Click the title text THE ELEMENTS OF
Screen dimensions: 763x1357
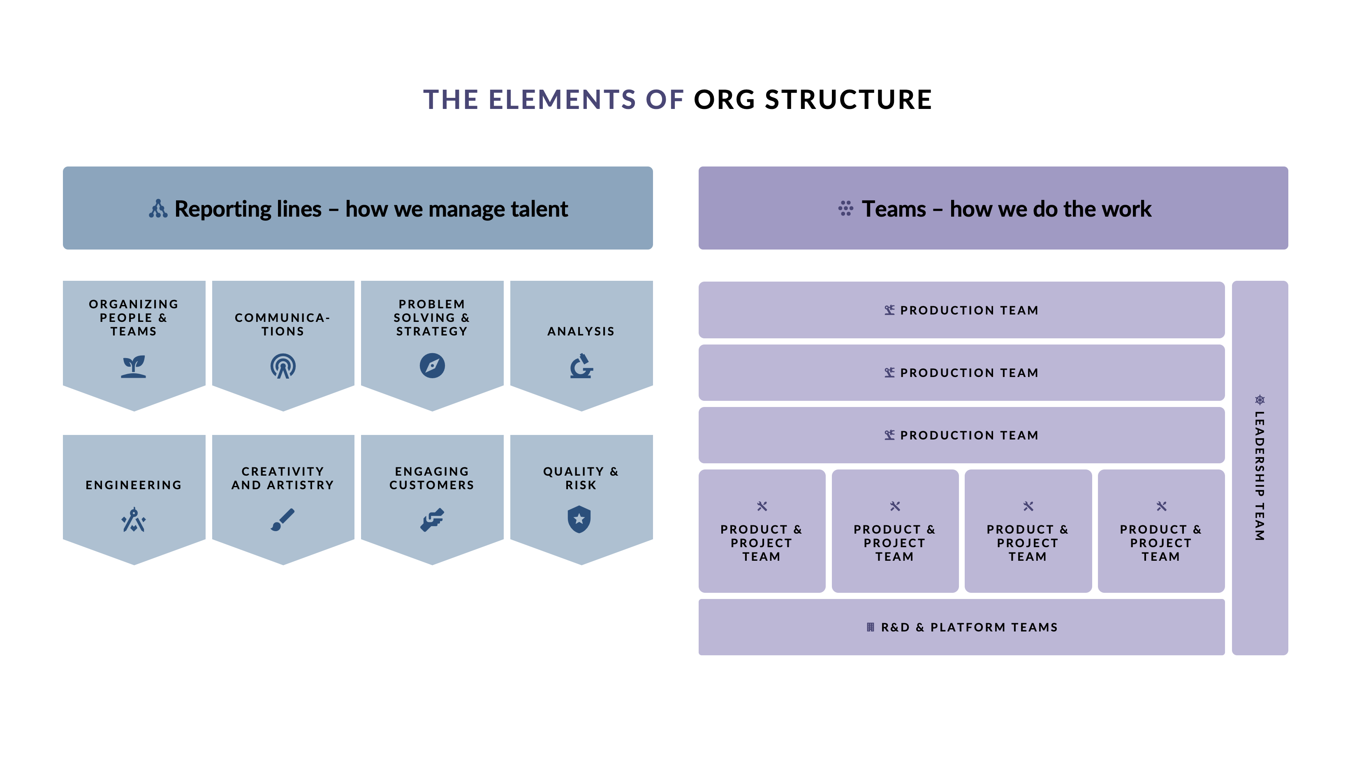[553, 99]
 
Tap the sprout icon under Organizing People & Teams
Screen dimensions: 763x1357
[133, 366]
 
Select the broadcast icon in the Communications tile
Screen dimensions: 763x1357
[283, 366]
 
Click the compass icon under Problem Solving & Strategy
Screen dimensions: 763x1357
[432, 365]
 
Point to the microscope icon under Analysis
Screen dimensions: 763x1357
[581, 366]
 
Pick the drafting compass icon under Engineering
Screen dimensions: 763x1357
[133, 520]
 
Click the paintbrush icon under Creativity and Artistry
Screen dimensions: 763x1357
[283, 520]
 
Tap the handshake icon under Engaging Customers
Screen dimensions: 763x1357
[432, 520]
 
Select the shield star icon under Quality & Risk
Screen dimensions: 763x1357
[579, 519]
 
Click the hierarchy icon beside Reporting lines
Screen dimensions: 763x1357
[158, 208]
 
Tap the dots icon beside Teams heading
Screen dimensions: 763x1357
[845, 208]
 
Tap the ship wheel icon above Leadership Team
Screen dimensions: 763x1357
[1260, 400]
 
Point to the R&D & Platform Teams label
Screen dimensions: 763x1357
[969, 627]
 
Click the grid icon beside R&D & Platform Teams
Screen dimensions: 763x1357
[870, 627]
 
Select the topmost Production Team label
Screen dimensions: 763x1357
[969, 310]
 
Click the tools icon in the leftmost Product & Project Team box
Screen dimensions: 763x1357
[762, 506]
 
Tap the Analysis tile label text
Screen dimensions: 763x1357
[581, 331]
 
